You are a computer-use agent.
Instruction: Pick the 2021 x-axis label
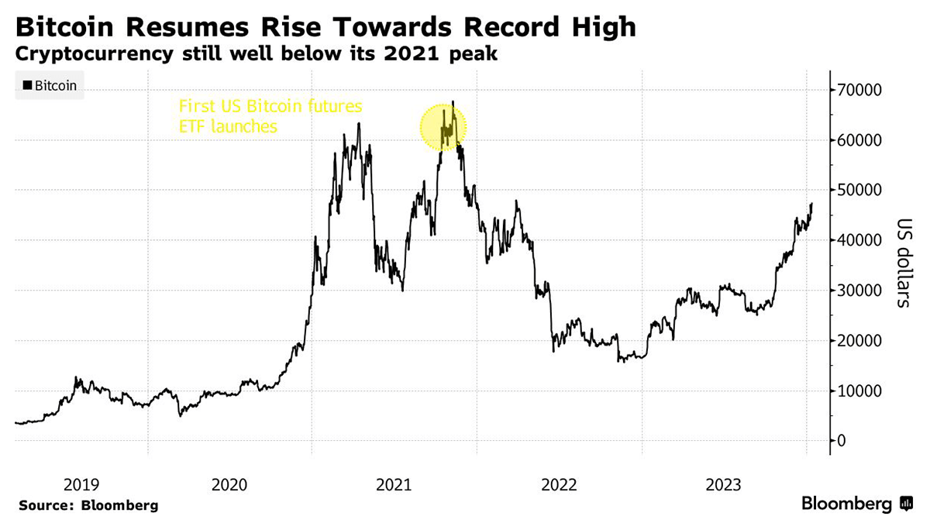[394, 486]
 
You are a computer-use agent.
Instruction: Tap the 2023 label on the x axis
[723, 486]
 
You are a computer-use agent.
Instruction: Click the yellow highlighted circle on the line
[443, 127]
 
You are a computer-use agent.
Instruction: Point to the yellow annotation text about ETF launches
[270, 116]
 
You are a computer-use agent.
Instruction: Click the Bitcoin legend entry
[50, 85]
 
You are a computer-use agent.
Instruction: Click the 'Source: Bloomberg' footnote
[88, 505]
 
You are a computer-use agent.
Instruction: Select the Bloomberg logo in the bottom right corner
[856, 504]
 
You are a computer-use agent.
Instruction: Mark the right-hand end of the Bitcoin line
[811, 204]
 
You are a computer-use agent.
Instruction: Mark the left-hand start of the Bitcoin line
[15, 422]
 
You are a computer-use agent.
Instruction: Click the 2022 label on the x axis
[559, 486]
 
